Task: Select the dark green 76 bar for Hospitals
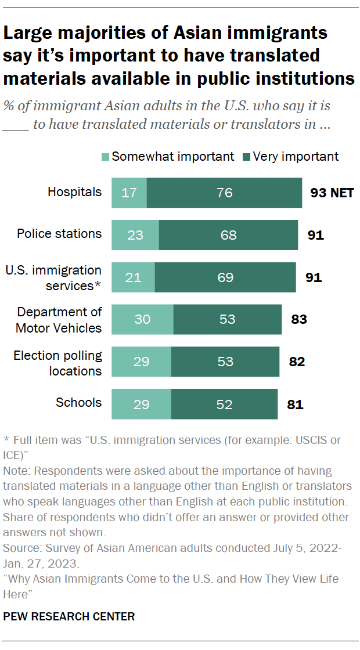[224, 193]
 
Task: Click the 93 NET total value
[332, 193]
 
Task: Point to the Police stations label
[59, 234]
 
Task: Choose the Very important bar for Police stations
[228, 234]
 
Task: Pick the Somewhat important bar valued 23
[135, 234]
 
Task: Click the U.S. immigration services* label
[53, 277]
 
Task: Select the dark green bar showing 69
[225, 277]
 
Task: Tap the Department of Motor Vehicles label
[59, 320]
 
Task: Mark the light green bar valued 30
[142, 319]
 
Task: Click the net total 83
[299, 319]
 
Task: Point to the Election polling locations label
[57, 363]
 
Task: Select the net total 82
[296, 362]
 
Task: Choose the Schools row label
[78, 403]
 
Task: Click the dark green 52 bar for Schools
[224, 403]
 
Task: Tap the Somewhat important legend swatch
[105, 157]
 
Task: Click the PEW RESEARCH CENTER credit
[69, 617]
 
